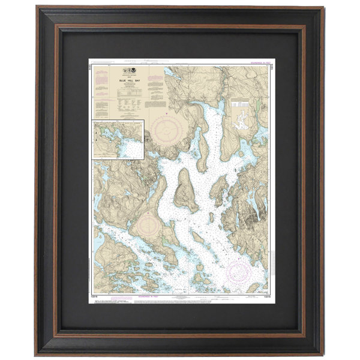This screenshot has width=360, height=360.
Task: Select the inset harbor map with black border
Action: [x=118, y=139]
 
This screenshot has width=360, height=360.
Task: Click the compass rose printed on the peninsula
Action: [x=148, y=227]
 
